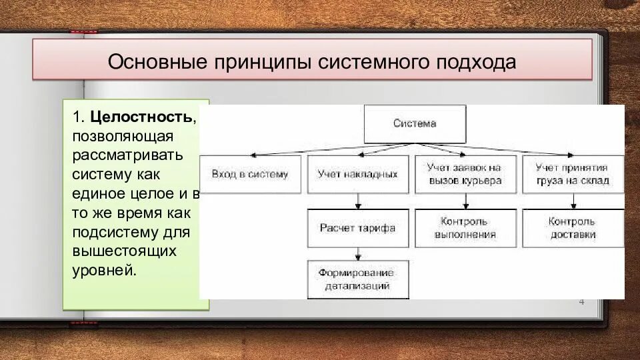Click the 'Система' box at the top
tap(415, 123)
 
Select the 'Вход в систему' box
tap(250, 174)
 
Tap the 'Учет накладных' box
tap(357, 174)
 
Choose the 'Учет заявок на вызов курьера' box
tap(465, 174)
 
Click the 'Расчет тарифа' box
tap(357, 228)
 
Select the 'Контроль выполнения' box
tap(465, 228)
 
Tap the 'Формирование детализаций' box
tap(357, 279)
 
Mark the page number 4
tap(581, 302)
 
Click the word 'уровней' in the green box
tap(104, 271)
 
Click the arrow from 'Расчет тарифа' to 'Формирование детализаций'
tap(359, 254)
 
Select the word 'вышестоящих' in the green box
tap(123, 252)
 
